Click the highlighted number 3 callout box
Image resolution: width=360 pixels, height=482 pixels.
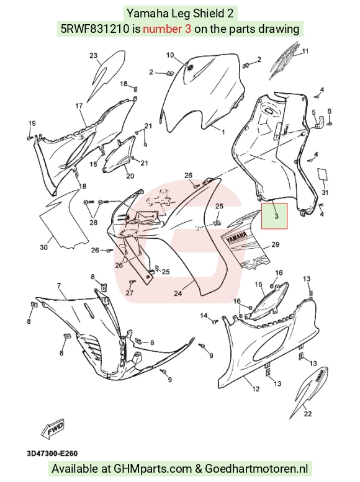pyautogui.click(x=274, y=216)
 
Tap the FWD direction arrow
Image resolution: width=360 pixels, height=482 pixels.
pyautogui.click(x=53, y=428)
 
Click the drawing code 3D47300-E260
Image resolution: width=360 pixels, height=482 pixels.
pyautogui.click(x=52, y=453)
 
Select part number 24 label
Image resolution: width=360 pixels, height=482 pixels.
pyautogui.click(x=178, y=293)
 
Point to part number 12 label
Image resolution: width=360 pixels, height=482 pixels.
pyautogui.click(x=256, y=389)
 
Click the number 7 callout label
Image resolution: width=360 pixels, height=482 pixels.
pyautogui.click(x=59, y=286)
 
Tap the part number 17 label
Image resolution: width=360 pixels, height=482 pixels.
pyautogui.click(x=79, y=105)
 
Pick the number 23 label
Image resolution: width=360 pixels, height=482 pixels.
pyautogui.click(x=94, y=55)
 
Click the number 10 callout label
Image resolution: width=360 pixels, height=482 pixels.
pyautogui.click(x=170, y=55)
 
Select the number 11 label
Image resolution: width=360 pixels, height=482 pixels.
pyautogui.click(x=305, y=51)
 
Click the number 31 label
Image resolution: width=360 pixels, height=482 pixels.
pyautogui.click(x=325, y=192)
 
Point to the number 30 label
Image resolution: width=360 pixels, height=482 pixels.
pyautogui.click(x=43, y=247)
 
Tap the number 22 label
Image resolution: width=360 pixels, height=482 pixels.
pyautogui.click(x=308, y=414)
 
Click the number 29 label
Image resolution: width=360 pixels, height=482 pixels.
pyautogui.click(x=275, y=244)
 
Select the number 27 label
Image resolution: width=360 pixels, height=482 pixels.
pyautogui.click(x=130, y=292)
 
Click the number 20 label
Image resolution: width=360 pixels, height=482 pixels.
pyautogui.click(x=130, y=176)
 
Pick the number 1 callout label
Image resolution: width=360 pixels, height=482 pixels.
pyautogui.click(x=223, y=132)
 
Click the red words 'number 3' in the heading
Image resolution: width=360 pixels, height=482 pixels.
pyautogui.click(x=167, y=29)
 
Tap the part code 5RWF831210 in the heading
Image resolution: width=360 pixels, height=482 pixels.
pyautogui.click(x=95, y=29)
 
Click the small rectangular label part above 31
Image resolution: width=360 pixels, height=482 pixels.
pyautogui.click(x=323, y=174)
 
